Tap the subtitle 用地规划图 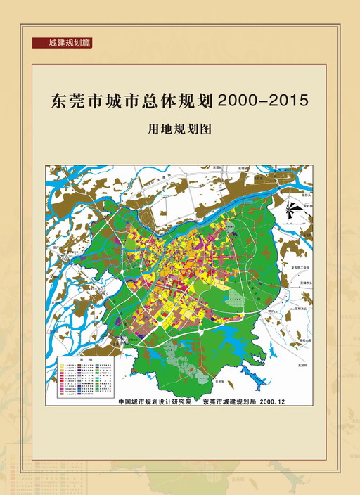pos(179,130)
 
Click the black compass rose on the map pos(293,209)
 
